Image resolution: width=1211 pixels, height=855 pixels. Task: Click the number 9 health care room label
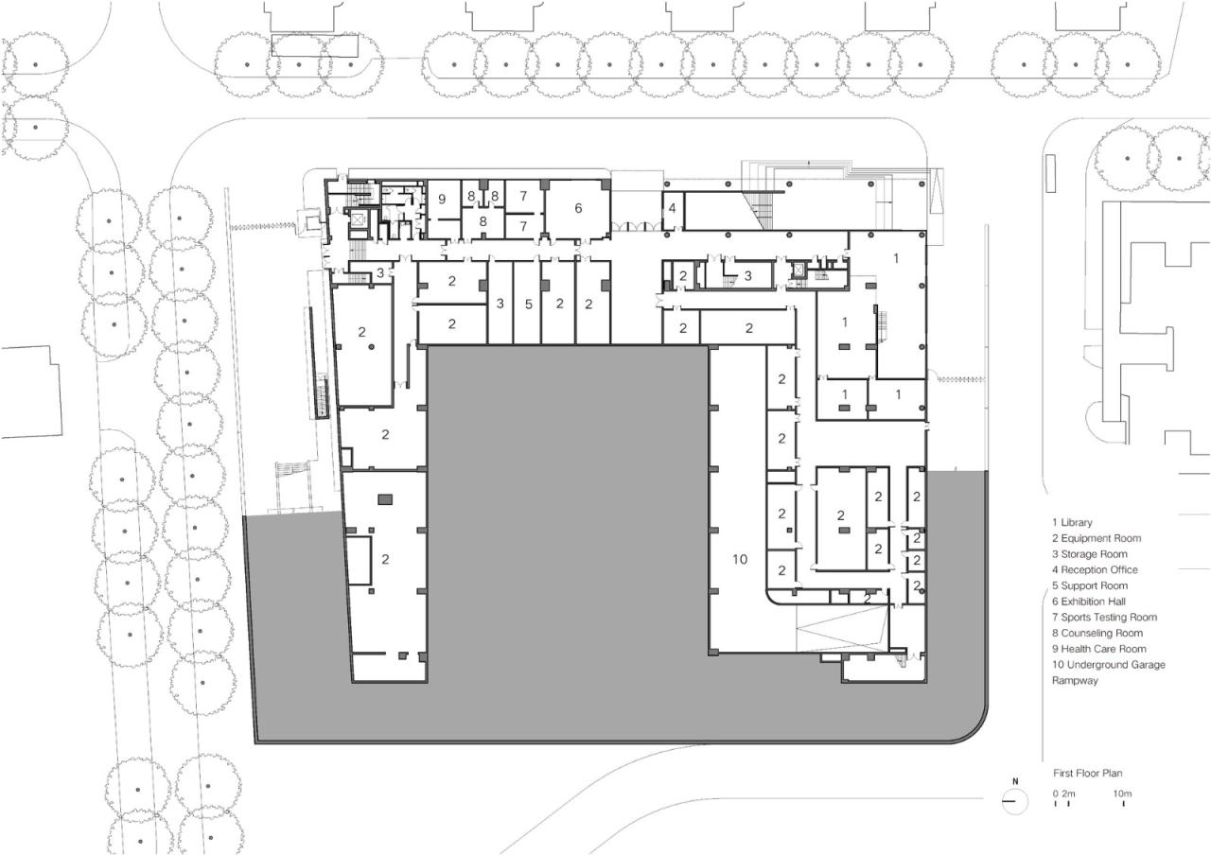pyautogui.click(x=441, y=200)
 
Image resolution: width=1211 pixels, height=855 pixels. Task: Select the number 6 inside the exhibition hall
pyautogui.click(x=578, y=207)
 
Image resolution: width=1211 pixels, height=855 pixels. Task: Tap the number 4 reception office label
pyautogui.click(x=673, y=207)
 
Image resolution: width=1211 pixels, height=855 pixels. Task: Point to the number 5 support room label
pyautogui.click(x=529, y=305)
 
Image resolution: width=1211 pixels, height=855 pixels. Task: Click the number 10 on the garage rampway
pyautogui.click(x=740, y=560)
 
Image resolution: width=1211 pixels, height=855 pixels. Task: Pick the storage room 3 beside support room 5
pyautogui.click(x=500, y=305)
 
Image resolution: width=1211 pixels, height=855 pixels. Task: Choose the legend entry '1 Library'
pyautogui.click(x=1072, y=522)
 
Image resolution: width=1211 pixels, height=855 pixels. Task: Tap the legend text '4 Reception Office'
pyautogui.click(x=1095, y=570)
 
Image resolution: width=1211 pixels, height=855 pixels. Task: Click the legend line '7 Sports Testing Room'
pyautogui.click(x=1104, y=618)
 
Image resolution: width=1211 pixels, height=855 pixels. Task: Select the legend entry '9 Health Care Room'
pyautogui.click(x=1098, y=649)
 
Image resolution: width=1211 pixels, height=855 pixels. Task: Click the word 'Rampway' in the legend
pyautogui.click(x=1075, y=680)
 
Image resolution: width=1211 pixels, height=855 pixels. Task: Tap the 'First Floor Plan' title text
pyautogui.click(x=1087, y=773)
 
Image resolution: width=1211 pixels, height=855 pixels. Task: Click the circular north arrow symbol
pyautogui.click(x=1015, y=801)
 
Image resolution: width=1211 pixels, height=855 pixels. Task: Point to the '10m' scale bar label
pyautogui.click(x=1122, y=793)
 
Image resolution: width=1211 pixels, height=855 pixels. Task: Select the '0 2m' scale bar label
pyautogui.click(x=1064, y=793)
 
